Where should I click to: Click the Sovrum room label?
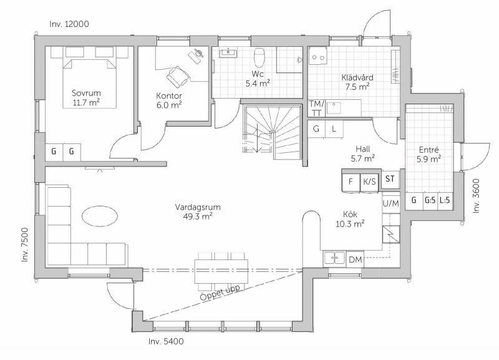pyautogui.click(x=86, y=98)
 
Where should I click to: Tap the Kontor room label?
pyautogui.click(x=169, y=100)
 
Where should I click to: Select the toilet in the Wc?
pyautogui.click(x=259, y=57)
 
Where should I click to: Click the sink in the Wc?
pyautogui.click(x=228, y=53)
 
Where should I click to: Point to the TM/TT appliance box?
pyautogui.click(x=317, y=108)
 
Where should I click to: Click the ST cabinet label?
pyautogui.click(x=390, y=178)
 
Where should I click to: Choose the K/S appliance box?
pyautogui.click(x=369, y=182)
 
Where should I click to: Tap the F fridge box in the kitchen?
pyautogui.click(x=351, y=182)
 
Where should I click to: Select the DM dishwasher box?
pyautogui.click(x=355, y=260)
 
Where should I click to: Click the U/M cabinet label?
pyautogui.click(x=390, y=203)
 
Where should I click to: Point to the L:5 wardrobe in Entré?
pyautogui.click(x=445, y=200)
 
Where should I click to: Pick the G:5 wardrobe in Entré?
pyautogui.click(x=430, y=200)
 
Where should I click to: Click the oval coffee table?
pyautogui.click(x=100, y=216)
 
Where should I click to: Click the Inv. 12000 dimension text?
pyautogui.click(x=69, y=24)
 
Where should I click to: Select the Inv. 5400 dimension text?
pyautogui.click(x=166, y=341)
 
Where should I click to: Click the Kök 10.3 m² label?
pyautogui.click(x=350, y=219)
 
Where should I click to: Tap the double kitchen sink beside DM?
pyautogui.click(x=334, y=258)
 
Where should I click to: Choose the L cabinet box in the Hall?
pyautogui.click(x=334, y=129)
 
